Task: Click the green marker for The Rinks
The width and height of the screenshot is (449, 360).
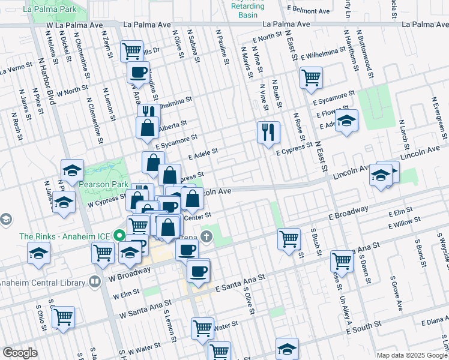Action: click(119, 236)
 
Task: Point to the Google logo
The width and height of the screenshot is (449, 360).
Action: click(20, 353)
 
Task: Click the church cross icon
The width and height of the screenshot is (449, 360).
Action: click(206, 236)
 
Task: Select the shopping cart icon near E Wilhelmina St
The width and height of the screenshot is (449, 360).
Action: click(311, 77)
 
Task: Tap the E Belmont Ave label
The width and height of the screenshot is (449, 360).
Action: click(309, 11)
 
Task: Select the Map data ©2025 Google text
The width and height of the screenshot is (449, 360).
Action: click(412, 355)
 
